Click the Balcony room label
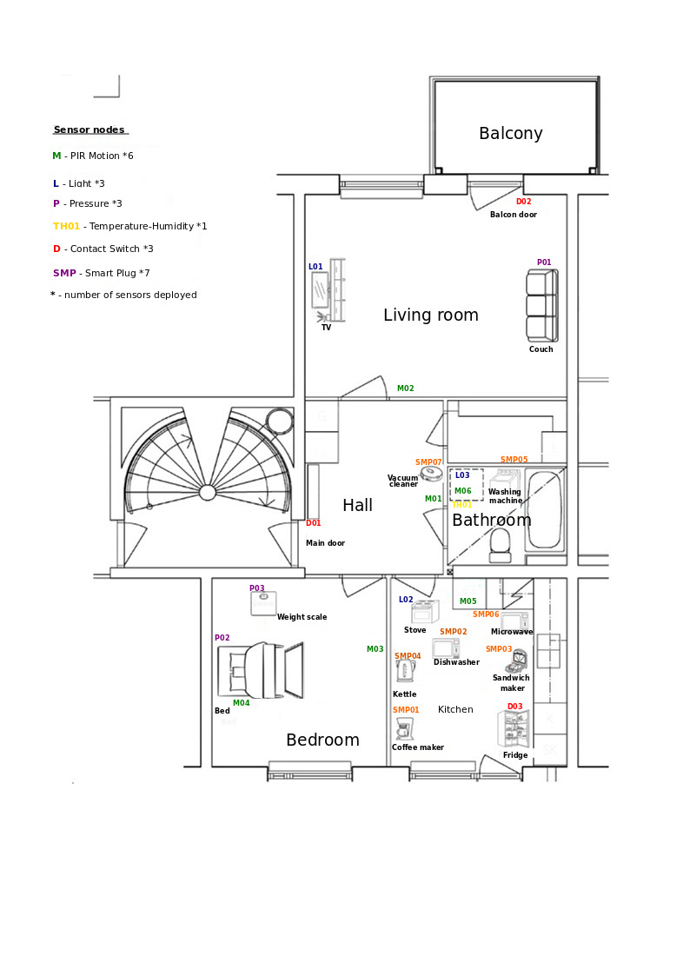tap(510, 133)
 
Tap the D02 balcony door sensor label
tap(523, 202)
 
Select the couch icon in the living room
tap(542, 305)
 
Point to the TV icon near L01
tap(328, 290)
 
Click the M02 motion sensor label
tap(405, 388)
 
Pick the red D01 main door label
tap(313, 523)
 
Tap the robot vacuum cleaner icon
tap(431, 474)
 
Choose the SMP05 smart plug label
tap(514, 460)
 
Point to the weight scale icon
tap(263, 604)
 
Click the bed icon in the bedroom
tap(260, 670)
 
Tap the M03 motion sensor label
tap(375, 649)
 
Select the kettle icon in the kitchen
tap(405, 671)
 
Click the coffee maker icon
tap(404, 728)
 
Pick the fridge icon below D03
tap(514, 729)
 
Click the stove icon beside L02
tap(425, 612)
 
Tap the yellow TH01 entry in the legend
tap(67, 227)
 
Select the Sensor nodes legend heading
tap(89, 129)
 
